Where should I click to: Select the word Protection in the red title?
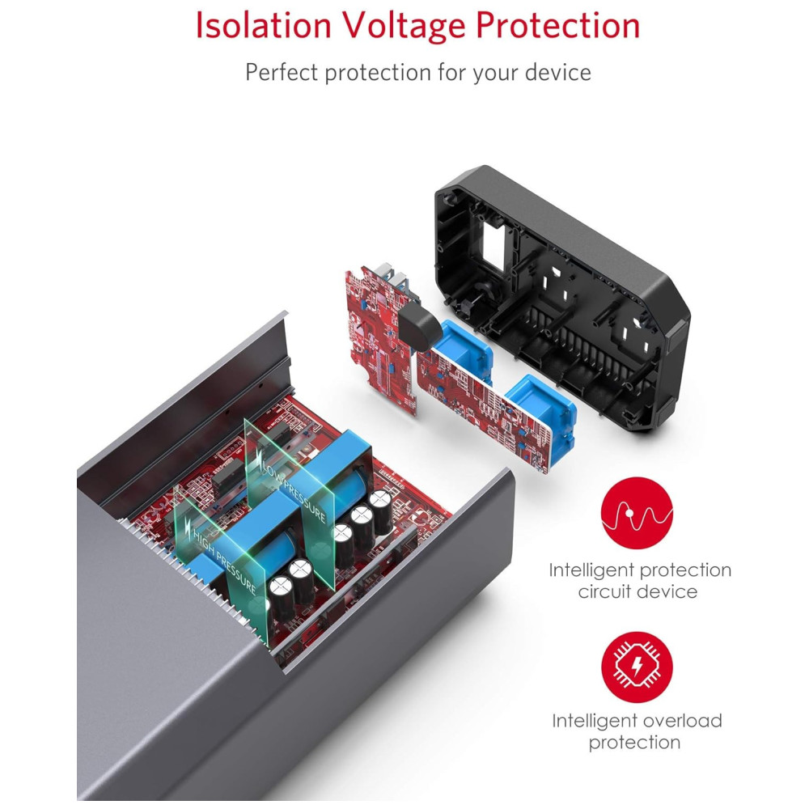click(558, 26)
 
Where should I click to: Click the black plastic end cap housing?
click(566, 299)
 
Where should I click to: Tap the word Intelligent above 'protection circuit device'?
click(590, 570)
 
